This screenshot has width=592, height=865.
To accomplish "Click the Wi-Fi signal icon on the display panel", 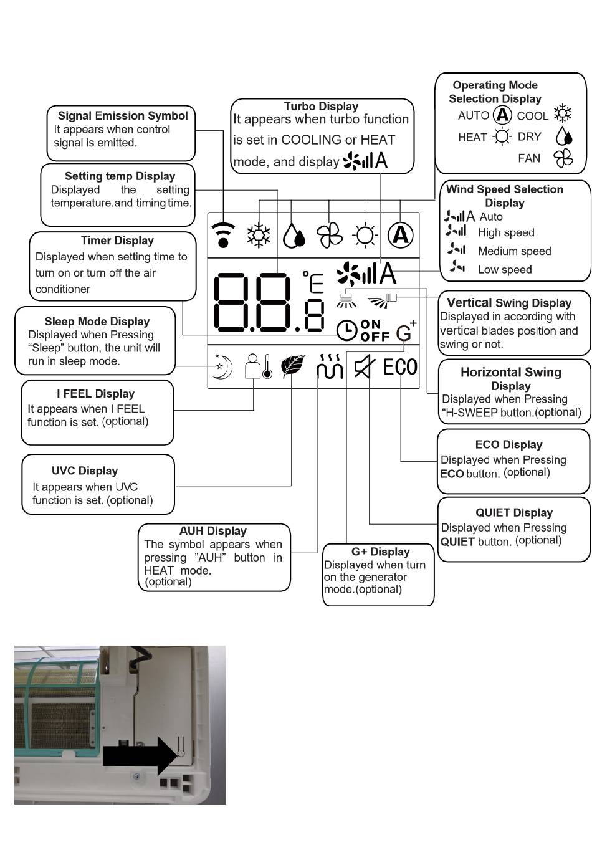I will [223, 235].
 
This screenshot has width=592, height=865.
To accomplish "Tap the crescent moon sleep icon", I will [222, 366].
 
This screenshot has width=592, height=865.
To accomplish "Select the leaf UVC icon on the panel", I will [293, 366].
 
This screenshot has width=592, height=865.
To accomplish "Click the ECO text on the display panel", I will [400, 367].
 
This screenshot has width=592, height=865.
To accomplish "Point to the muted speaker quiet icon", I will [364, 367].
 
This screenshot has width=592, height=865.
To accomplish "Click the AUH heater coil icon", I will [330, 367].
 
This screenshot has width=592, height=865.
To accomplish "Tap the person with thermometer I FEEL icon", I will [257, 366].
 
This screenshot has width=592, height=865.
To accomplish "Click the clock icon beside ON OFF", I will [346, 330].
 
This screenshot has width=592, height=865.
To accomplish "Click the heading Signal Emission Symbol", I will [123, 116].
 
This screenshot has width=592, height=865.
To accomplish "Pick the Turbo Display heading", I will [321, 107].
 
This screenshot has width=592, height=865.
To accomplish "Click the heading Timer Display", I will [117, 241].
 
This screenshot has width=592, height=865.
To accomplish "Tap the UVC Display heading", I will [85, 471].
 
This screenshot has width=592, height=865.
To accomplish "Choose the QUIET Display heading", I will [514, 513].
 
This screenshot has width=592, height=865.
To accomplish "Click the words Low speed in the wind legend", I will [505, 270].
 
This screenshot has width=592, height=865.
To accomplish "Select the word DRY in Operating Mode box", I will [530, 137].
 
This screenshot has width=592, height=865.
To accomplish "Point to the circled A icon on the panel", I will [401, 235].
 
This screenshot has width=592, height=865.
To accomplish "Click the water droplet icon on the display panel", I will [294, 236].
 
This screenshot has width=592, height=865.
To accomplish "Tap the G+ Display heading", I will [380, 552].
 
